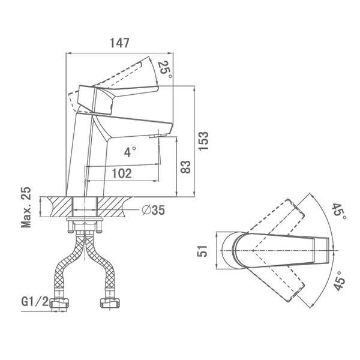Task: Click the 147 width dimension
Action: coord(119,43)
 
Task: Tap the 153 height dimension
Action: coord(203,141)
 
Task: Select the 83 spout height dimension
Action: coord(185,167)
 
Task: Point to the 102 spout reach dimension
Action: coord(122,173)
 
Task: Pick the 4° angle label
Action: coord(130,152)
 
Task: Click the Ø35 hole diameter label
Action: coord(154,210)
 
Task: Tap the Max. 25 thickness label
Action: coord(26,208)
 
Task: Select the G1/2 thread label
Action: coord(35,302)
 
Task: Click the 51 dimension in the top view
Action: coord(203,251)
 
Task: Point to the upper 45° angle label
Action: coord(340,211)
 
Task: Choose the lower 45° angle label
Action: coord(339,281)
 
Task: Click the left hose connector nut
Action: coord(59,303)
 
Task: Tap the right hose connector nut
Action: coord(110,303)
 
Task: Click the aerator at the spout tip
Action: coord(157,136)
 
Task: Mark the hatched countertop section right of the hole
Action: coord(113,206)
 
